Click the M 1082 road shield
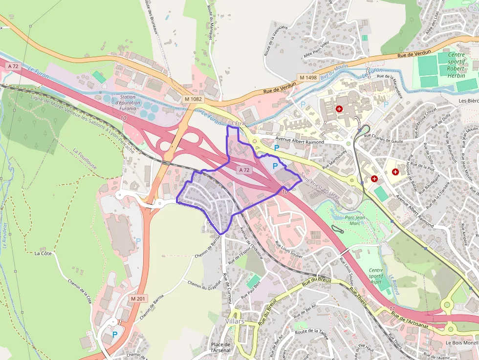pyautogui.click(x=194, y=99)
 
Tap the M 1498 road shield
pyautogui.click(x=308, y=78)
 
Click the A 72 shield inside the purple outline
pyautogui.click(x=244, y=170)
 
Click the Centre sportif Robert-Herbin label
pyautogui.click(x=456, y=65)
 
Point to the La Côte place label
pyautogui.click(x=43, y=254)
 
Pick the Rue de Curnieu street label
pyautogui.click(x=227, y=289)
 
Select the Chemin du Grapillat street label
pyautogui.click(x=201, y=291)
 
